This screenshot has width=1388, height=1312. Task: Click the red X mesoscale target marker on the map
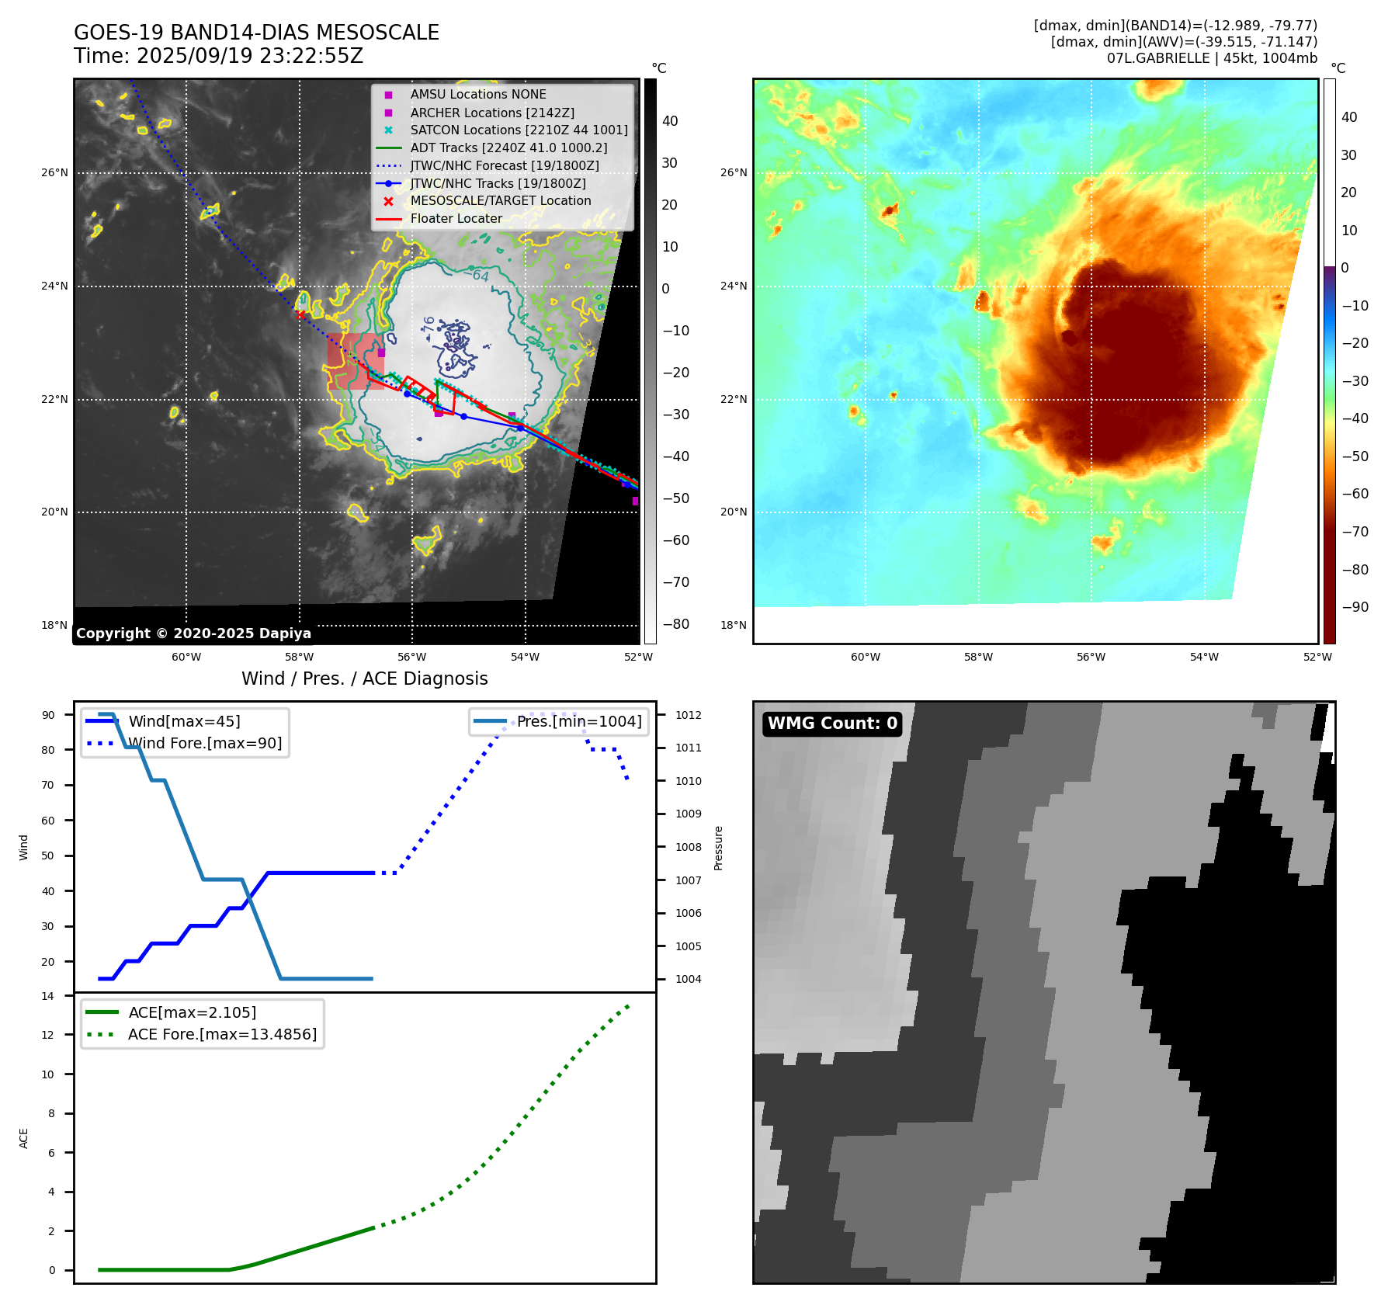[x=300, y=314]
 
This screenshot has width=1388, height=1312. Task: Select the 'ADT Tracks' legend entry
[x=508, y=148]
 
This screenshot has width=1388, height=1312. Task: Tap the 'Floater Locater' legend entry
[x=456, y=219]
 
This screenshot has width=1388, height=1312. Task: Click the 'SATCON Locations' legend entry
[x=519, y=130]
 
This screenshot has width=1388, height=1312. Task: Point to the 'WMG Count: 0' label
[x=832, y=724]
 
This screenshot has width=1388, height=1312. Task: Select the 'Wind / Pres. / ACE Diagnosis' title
[x=364, y=679]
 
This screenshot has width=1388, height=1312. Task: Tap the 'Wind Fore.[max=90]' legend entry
[x=205, y=744]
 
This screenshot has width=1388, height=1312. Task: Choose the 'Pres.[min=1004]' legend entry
[x=579, y=721]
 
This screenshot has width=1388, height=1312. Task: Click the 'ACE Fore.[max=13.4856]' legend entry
[x=222, y=1034]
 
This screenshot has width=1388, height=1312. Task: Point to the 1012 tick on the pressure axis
[x=688, y=715]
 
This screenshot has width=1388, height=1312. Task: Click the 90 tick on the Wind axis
[x=48, y=715]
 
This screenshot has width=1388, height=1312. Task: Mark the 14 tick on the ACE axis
[x=48, y=996]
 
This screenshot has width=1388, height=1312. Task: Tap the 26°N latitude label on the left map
[x=54, y=172]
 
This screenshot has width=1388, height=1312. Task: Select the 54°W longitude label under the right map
[x=1204, y=657]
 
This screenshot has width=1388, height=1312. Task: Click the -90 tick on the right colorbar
[x=1355, y=607]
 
